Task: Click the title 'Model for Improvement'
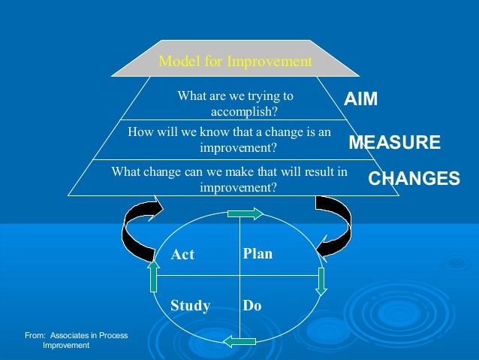[x=235, y=62]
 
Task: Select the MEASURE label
[x=394, y=143]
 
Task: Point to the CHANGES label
[x=414, y=179]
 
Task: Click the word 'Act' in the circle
[x=182, y=255]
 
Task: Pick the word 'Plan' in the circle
[x=258, y=254]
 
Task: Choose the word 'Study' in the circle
[x=190, y=306]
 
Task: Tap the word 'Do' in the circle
[x=252, y=306]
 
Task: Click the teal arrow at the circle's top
[x=245, y=213]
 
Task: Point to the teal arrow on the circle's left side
[x=153, y=277]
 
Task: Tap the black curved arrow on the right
[x=333, y=225]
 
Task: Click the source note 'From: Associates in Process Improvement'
[x=76, y=340]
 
